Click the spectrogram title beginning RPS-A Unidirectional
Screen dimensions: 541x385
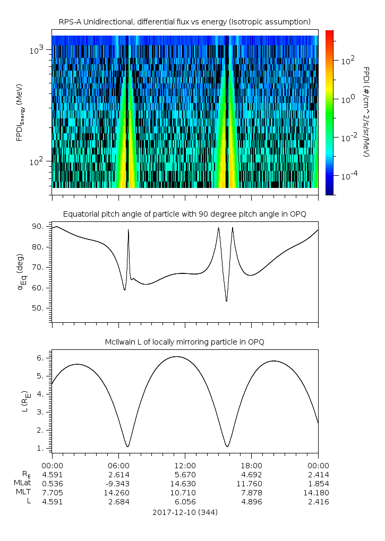[x=184, y=22]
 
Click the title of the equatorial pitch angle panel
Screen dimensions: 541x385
[x=184, y=214]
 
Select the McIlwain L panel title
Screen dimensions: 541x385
[x=184, y=342]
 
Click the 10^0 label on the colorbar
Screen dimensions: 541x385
[x=346, y=99]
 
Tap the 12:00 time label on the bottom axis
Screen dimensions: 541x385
[x=185, y=465]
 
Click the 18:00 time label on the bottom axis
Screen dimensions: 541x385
[x=251, y=465]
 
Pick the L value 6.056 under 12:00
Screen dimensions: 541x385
[x=185, y=501]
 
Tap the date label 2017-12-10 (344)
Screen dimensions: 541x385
[x=185, y=512]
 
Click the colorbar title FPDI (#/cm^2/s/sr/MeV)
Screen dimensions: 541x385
[x=366, y=111]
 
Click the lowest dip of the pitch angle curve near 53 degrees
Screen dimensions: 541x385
[x=227, y=301]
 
